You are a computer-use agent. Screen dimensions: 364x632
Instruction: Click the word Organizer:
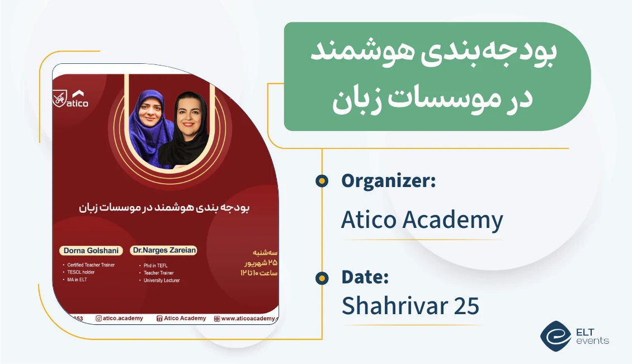pos(388,181)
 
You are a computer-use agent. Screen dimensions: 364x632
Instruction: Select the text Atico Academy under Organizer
pos(422,220)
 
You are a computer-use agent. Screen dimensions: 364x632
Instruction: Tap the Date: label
pos(365,277)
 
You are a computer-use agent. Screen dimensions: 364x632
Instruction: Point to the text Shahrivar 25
pos(410,306)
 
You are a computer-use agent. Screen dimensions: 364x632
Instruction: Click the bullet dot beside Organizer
pos(322,181)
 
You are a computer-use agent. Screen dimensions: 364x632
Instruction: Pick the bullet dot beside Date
pos(322,278)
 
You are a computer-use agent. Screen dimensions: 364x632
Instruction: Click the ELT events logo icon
pos(554,335)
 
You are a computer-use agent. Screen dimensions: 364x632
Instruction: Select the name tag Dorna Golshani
pos(90,251)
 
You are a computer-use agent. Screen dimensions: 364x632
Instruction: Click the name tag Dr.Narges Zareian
pos(163,250)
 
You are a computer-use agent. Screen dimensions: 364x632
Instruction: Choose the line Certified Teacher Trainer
pos(91,265)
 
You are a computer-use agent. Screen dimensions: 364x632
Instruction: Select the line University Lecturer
pos(162,281)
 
